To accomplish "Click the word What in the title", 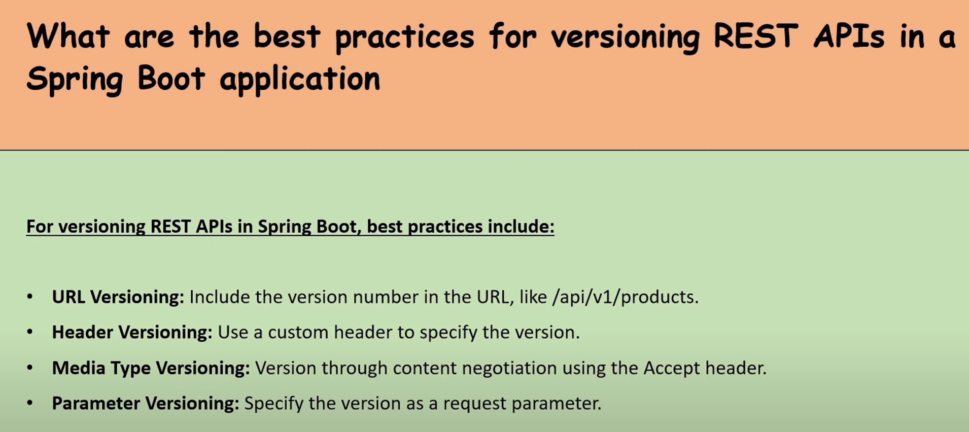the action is click(68, 36).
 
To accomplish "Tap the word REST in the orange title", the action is click(755, 36).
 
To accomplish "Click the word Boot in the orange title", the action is click(171, 78).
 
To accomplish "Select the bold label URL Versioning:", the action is click(118, 297).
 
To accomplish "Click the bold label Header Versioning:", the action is click(132, 333).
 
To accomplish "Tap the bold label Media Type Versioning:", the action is click(151, 368).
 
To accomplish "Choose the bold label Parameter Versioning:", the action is click(146, 404).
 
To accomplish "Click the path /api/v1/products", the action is click(626, 297).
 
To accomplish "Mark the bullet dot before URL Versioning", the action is click(30, 297).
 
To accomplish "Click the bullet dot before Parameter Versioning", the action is click(30, 403).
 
